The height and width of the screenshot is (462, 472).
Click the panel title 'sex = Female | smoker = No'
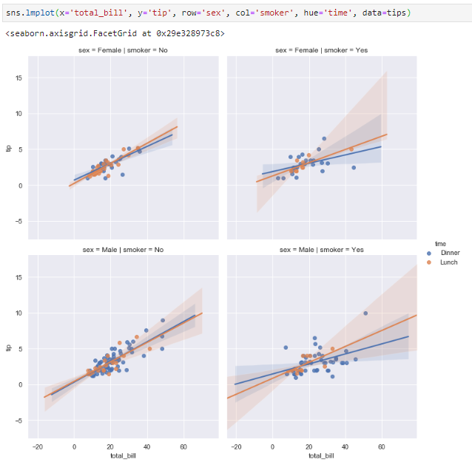click(x=123, y=50)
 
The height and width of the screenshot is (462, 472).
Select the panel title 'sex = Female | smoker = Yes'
click(x=321, y=50)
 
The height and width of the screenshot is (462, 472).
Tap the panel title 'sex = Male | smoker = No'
click(x=123, y=250)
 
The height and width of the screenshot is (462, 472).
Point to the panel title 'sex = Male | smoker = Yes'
click(x=321, y=250)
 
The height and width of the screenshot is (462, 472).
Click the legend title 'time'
click(x=440, y=243)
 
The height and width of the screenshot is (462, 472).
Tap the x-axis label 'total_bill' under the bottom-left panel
click(x=123, y=455)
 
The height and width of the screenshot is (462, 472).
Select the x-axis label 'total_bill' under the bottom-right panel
click(x=321, y=455)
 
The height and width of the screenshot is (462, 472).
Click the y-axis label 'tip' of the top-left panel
click(x=9, y=149)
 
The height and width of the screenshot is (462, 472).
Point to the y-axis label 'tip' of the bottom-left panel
click(x=9, y=347)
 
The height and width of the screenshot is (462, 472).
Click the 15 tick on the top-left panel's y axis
click(x=19, y=78)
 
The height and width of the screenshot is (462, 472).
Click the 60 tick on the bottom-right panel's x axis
click(x=382, y=446)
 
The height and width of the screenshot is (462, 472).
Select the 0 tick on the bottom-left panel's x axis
click(x=74, y=446)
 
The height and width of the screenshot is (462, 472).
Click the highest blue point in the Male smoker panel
click(x=365, y=313)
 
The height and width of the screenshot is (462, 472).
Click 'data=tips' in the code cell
click(x=385, y=13)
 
